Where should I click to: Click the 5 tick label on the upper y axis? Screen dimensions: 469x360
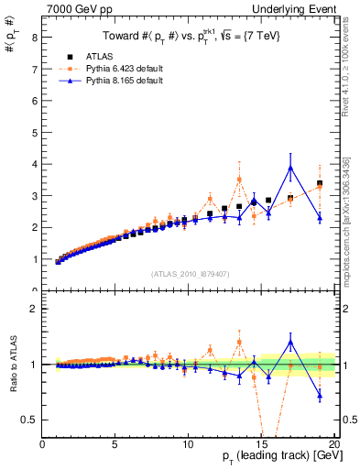tap(35, 133)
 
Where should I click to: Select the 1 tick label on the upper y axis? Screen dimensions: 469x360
tap(35, 259)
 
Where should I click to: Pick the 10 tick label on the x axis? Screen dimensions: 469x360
tap(187, 444)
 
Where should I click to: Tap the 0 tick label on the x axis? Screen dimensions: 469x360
tap(43, 444)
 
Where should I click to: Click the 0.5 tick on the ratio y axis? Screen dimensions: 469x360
tap(30, 420)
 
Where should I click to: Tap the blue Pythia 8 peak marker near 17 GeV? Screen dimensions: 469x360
tap(290, 168)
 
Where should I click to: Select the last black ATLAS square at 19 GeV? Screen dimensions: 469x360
tap(320, 184)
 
